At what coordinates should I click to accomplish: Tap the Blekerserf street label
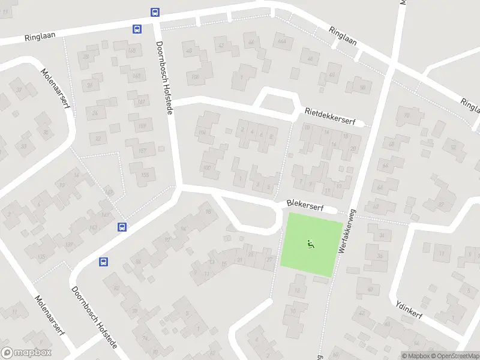[x=305, y=205]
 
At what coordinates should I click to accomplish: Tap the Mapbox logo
[x=26, y=353]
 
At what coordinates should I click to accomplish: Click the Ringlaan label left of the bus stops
[x=40, y=36]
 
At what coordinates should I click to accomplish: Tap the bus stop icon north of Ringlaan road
[x=155, y=11]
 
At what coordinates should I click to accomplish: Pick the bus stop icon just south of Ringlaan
[x=137, y=28]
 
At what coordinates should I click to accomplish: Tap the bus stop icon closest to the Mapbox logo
[x=104, y=262]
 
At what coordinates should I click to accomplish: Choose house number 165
[x=145, y=175]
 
